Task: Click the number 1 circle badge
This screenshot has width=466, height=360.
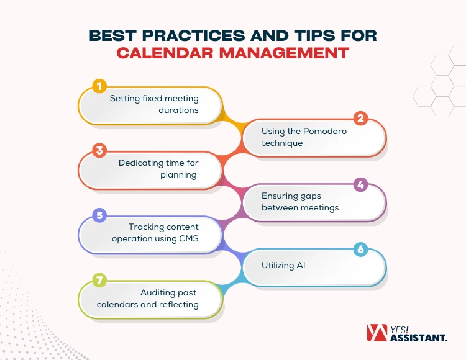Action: coord(99,86)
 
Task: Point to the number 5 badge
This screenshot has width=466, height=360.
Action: coord(99,216)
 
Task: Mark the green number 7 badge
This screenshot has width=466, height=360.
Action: coord(99,280)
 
